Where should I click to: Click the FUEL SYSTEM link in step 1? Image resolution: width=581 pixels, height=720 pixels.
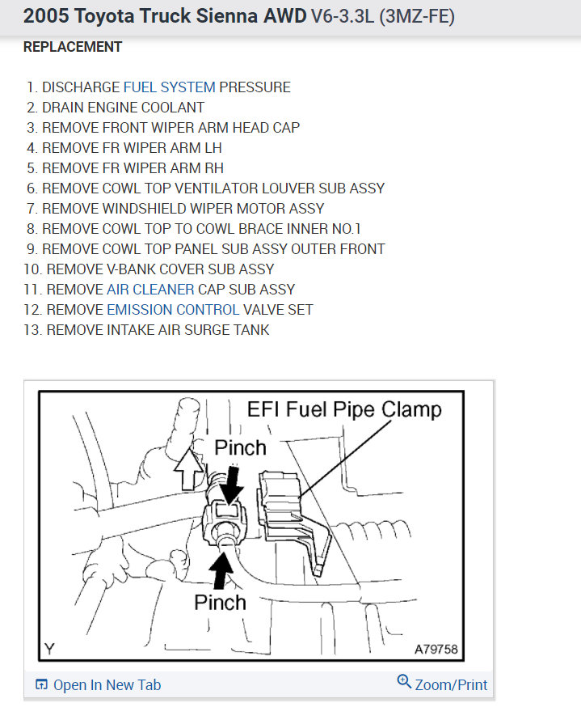[169, 87]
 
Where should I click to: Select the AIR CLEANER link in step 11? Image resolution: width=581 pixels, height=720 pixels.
[150, 290]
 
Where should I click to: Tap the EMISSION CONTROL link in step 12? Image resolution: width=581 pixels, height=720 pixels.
[173, 310]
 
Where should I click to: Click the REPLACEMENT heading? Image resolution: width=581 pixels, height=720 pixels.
[73, 47]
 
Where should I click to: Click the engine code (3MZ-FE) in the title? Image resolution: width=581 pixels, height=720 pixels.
[412, 16]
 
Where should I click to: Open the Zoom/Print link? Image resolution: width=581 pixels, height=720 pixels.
[451, 684]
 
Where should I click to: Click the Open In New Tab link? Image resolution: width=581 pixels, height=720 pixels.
[107, 685]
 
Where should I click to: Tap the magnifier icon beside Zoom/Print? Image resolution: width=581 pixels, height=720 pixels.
[404, 682]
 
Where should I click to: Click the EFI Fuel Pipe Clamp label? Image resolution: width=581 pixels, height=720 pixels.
[344, 409]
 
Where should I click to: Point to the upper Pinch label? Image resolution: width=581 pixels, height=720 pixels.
[240, 447]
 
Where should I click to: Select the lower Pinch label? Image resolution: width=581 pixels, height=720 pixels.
[220, 602]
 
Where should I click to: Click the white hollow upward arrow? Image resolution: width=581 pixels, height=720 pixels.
[189, 471]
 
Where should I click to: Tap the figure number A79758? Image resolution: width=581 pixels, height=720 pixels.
[436, 649]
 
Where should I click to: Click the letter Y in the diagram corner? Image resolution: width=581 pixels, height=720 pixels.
[50, 648]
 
